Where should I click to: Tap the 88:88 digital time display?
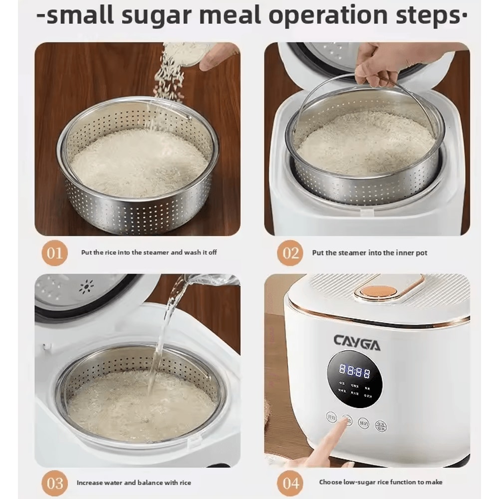pyautogui.click(x=355, y=371)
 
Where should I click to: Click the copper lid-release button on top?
pyautogui.click(x=378, y=291)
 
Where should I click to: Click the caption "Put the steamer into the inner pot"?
pyautogui.click(x=370, y=253)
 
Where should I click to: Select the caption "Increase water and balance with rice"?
pyautogui.click(x=134, y=483)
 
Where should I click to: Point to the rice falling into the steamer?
pyautogui.click(x=170, y=75)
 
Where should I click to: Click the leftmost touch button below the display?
pyautogui.click(x=331, y=417)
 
